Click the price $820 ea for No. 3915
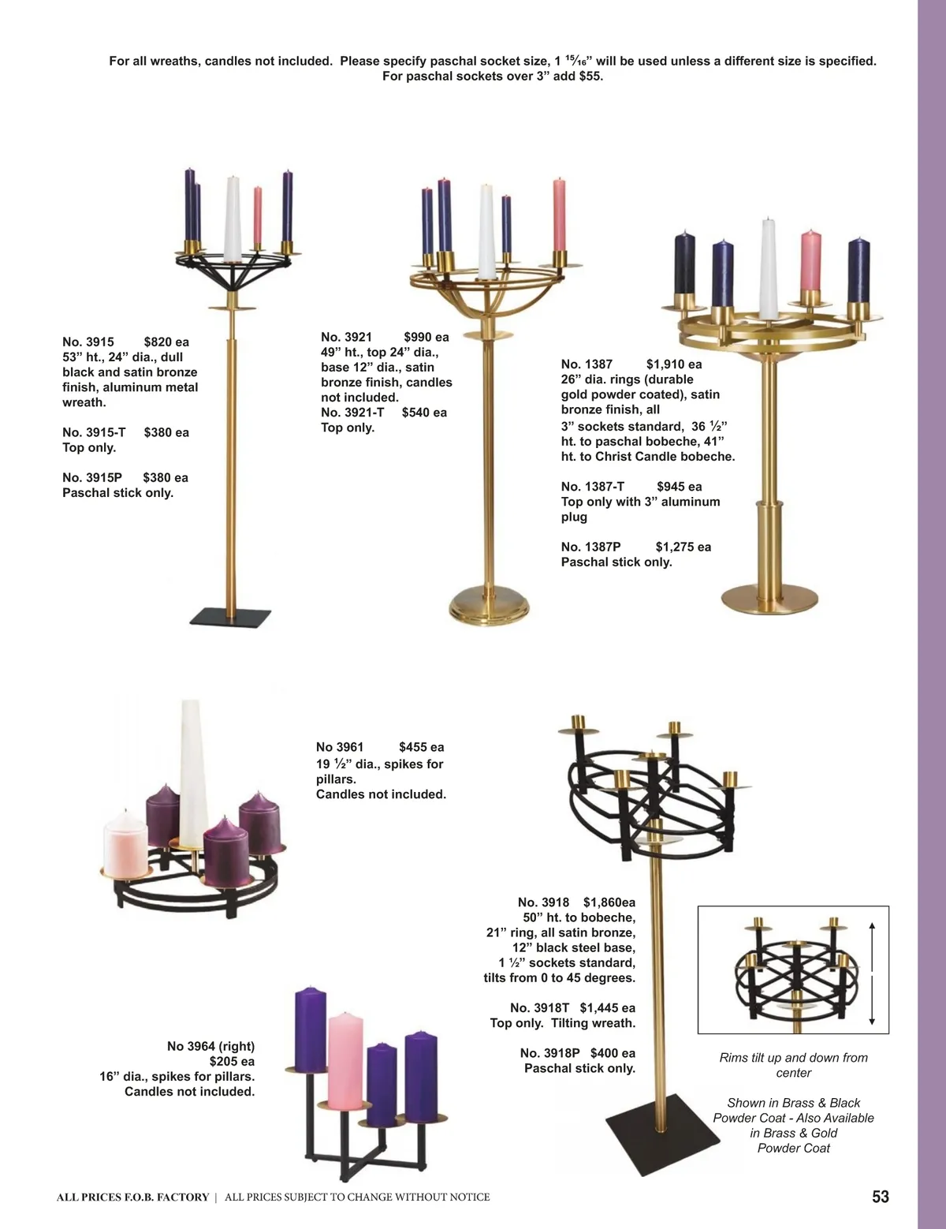tap(166, 342)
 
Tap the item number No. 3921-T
tap(352, 413)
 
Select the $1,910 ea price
tap(674, 364)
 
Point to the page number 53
tap(881, 1197)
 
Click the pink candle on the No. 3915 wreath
tap(258, 215)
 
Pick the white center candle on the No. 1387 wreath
tap(767, 269)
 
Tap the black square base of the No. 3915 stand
tap(230, 617)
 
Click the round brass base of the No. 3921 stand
tap(490, 606)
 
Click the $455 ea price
tap(422, 747)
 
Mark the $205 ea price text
tap(232, 1061)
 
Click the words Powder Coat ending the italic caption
tap(793, 1148)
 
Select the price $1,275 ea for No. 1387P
tap(683, 547)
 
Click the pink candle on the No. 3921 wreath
tap(559, 215)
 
